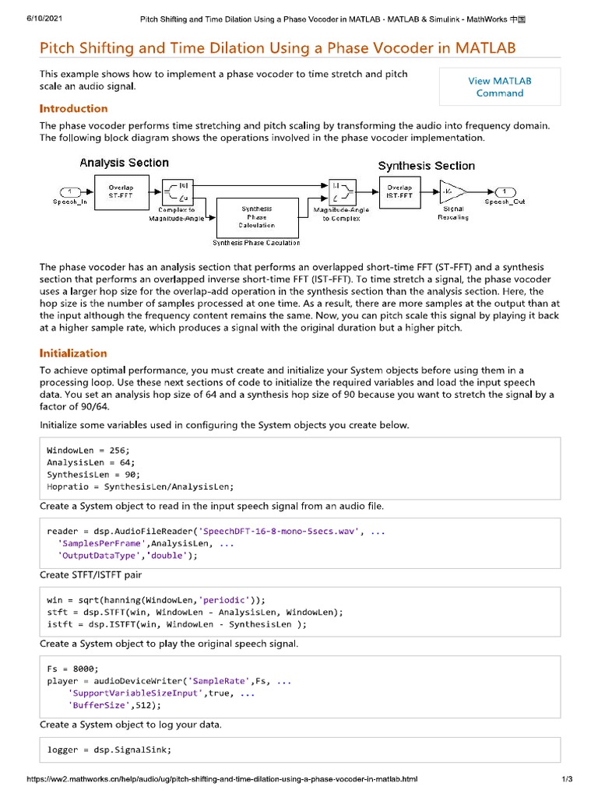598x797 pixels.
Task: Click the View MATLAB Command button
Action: (499, 86)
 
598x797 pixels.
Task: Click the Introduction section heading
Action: (74, 108)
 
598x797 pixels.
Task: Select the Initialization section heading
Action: (73, 353)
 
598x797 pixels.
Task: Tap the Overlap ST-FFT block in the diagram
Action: (121, 191)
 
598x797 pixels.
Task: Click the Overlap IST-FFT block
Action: (400, 191)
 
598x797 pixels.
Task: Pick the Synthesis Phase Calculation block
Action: (256, 218)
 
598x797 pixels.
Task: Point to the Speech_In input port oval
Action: (70, 191)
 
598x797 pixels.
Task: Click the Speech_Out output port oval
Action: (505, 191)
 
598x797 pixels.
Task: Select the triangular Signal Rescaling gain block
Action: (452, 191)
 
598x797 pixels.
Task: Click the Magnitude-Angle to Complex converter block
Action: (339, 191)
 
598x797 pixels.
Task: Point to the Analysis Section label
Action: (124, 163)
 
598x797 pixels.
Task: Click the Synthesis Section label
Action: (426, 166)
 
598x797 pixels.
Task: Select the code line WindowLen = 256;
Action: (88, 451)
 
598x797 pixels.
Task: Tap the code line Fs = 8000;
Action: (72, 669)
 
